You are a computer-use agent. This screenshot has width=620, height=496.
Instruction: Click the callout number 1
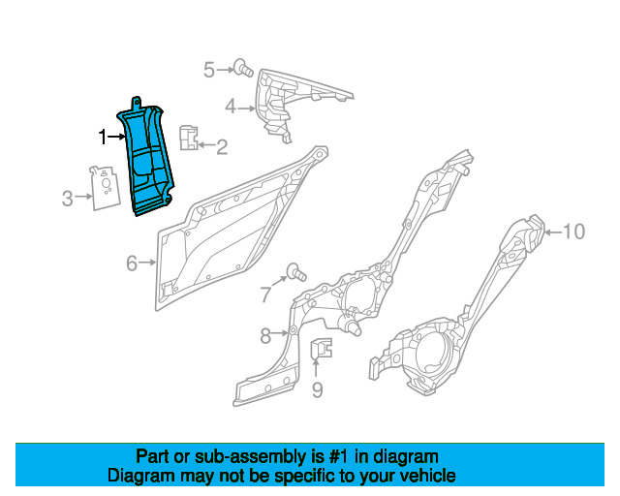pyautogui.click(x=102, y=137)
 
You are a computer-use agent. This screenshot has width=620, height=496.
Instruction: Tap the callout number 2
pyautogui.click(x=222, y=147)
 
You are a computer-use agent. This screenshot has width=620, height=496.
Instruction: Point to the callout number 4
pyautogui.click(x=231, y=106)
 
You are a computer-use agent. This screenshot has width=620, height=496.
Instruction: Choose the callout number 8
pyautogui.click(x=265, y=335)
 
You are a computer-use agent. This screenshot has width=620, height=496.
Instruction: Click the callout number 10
pyautogui.click(x=574, y=231)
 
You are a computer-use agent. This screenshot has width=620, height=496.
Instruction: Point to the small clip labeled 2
pyautogui.click(x=190, y=139)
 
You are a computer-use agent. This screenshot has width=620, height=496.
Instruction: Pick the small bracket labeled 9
pyautogui.click(x=320, y=349)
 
